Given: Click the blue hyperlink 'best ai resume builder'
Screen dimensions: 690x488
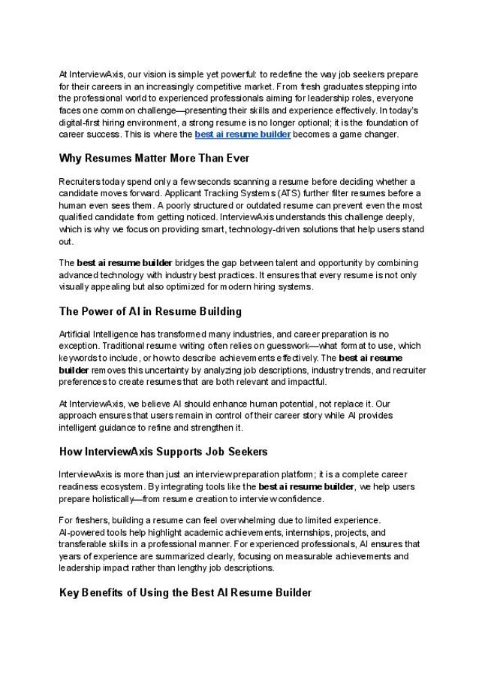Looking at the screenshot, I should click(242, 135).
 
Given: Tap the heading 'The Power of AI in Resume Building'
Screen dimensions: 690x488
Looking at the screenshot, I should click(149, 310).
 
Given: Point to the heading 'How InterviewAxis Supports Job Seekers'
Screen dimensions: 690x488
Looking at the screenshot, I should click(163, 452).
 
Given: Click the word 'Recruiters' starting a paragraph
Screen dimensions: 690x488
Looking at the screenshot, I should click(78, 183).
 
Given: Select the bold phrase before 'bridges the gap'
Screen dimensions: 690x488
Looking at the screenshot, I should click(125, 263).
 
